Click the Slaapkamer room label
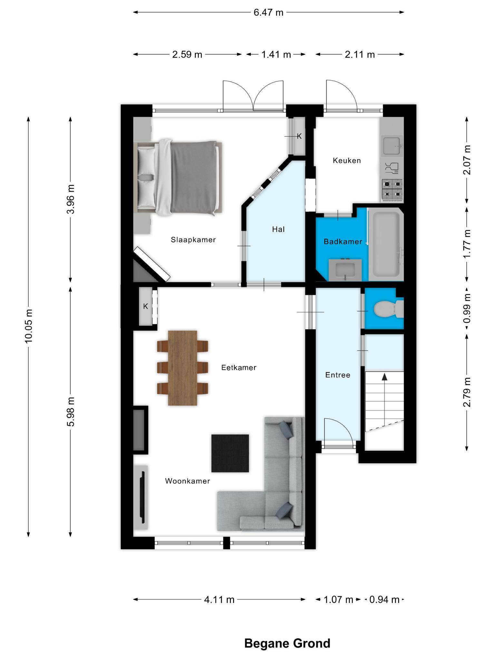[x=193, y=240]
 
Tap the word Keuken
[x=347, y=160]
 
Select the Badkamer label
[x=343, y=242]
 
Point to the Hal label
[x=278, y=229]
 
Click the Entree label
[x=338, y=375]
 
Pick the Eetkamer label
[x=239, y=367]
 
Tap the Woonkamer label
[x=188, y=481]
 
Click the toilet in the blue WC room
[x=389, y=309]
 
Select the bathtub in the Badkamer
[x=385, y=244]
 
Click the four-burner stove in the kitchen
[x=392, y=190]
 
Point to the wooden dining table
[x=182, y=368]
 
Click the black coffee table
[x=230, y=453]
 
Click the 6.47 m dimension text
[x=268, y=13]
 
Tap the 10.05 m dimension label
[x=29, y=326]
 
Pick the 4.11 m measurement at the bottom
[x=219, y=599]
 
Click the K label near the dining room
[x=146, y=306]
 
